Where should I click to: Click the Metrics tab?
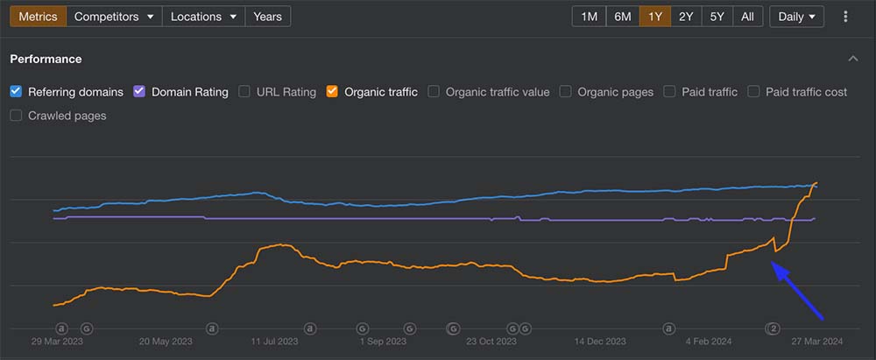(38, 17)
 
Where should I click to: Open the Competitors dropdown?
(114, 17)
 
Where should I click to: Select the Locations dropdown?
(203, 17)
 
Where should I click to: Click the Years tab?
(267, 17)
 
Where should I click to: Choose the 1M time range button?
(589, 17)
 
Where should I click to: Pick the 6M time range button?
(622, 17)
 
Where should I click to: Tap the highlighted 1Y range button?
(655, 17)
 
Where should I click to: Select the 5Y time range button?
(717, 17)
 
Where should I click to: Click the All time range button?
(747, 17)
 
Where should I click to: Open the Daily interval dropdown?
(796, 17)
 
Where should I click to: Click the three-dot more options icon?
(845, 17)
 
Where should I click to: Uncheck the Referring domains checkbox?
(16, 91)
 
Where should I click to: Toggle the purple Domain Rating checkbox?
(140, 91)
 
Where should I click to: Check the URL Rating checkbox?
(244, 91)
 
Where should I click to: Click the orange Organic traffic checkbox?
(332, 91)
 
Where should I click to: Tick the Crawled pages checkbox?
(16, 116)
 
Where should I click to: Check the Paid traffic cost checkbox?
(754, 91)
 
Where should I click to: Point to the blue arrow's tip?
(774, 265)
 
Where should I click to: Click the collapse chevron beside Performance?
(853, 59)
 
